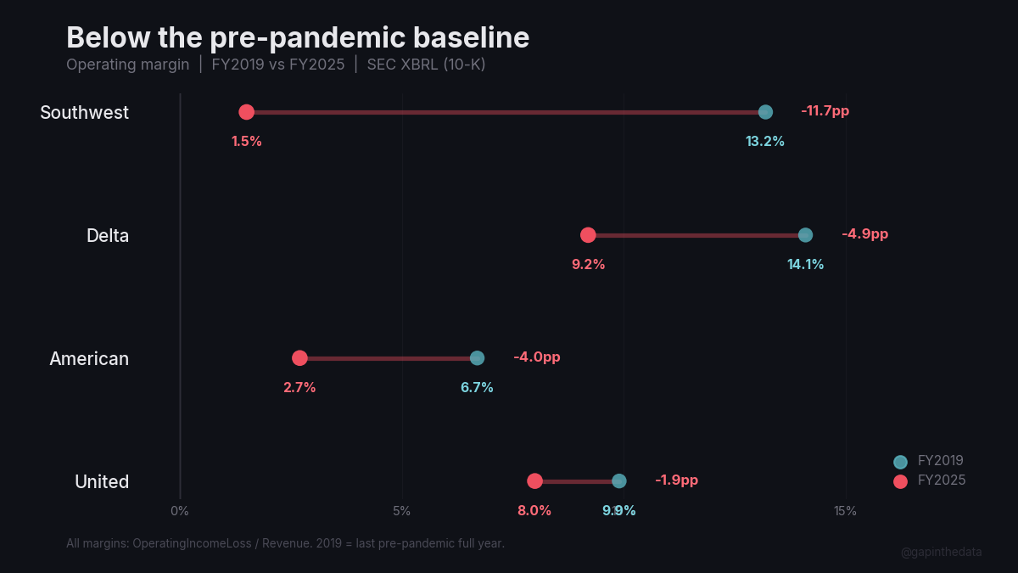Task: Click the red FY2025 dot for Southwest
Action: point(246,112)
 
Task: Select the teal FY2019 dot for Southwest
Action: point(765,112)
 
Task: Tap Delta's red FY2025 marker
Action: point(588,235)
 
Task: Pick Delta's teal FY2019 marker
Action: point(805,235)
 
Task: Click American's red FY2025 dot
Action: point(299,358)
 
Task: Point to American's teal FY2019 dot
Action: point(477,358)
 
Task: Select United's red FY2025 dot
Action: point(534,481)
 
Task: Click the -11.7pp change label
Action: point(825,111)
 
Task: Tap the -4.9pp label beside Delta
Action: point(864,234)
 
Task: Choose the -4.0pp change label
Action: point(536,357)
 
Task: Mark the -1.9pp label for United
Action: point(676,480)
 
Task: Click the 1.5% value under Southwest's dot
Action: point(246,142)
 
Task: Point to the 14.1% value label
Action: point(805,265)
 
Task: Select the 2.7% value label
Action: point(299,388)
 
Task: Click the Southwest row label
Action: point(84,112)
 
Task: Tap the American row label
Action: point(89,358)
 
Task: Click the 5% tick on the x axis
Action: point(402,511)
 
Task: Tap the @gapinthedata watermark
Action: point(941,552)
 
